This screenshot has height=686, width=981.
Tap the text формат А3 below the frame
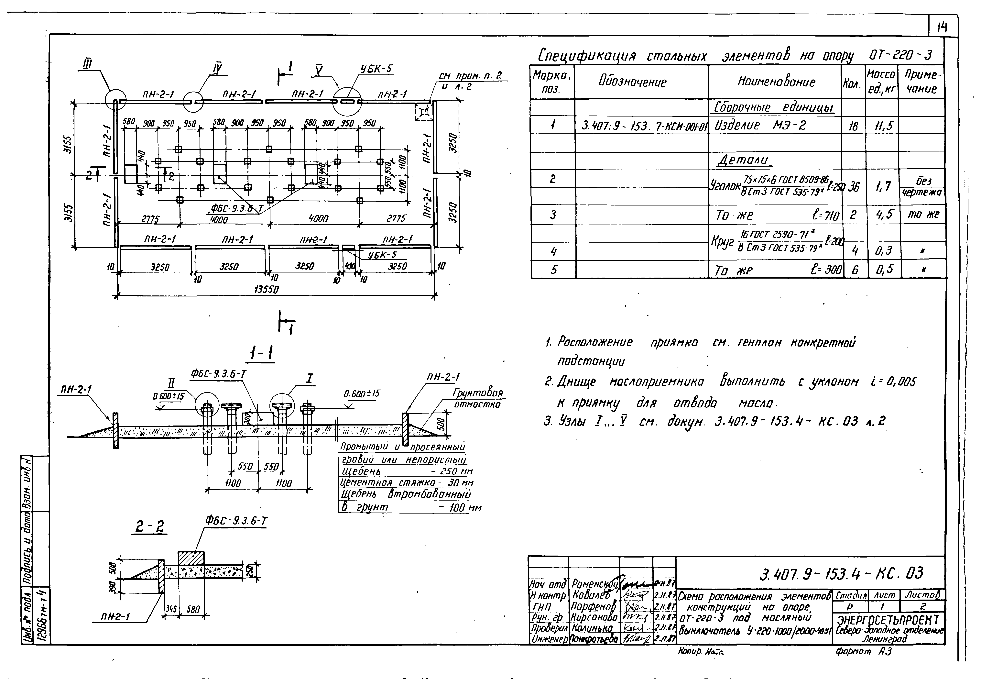(863, 652)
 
